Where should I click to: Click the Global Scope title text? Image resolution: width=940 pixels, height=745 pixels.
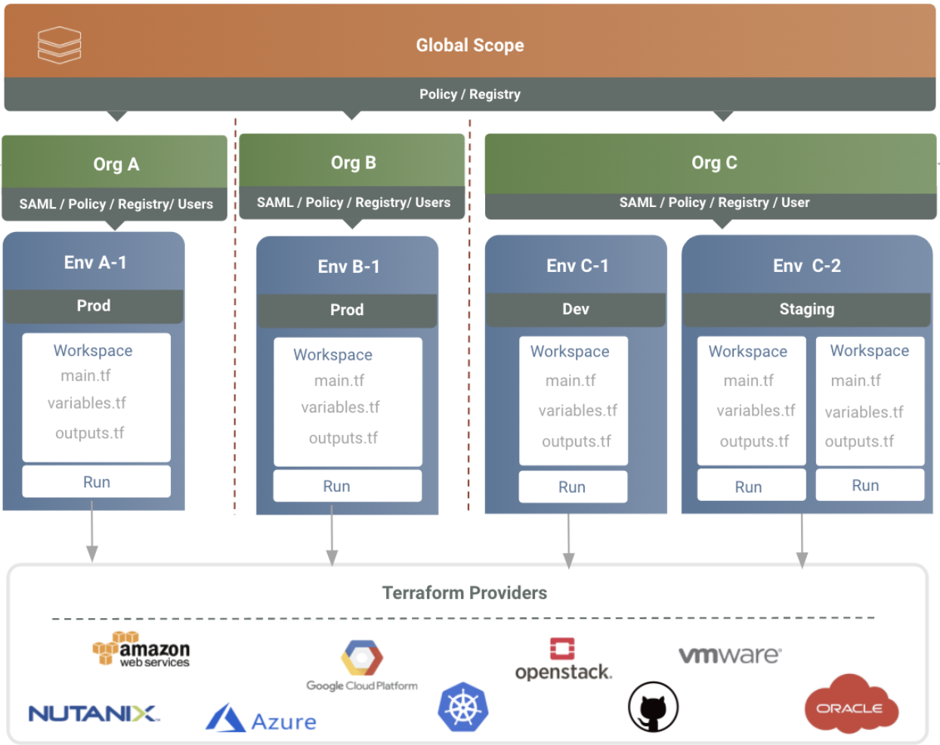pyautogui.click(x=469, y=45)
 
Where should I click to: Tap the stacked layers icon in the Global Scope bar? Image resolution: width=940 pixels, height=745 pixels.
pyautogui.click(x=60, y=45)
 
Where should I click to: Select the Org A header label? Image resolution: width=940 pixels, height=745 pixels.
pyautogui.click(x=116, y=164)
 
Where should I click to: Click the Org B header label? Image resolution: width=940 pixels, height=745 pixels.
pyautogui.click(x=353, y=162)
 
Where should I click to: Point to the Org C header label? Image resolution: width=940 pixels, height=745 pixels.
pyautogui.click(x=713, y=162)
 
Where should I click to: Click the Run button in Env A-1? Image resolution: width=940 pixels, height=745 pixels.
pyautogui.click(x=96, y=482)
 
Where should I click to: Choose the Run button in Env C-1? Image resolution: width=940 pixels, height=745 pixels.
pyautogui.click(x=572, y=487)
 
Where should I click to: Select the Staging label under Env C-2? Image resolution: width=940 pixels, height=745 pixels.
pyautogui.click(x=806, y=309)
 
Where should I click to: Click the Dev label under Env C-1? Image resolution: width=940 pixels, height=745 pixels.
pyautogui.click(x=575, y=309)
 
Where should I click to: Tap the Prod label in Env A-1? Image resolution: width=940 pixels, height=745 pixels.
pyautogui.click(x=93, y=305)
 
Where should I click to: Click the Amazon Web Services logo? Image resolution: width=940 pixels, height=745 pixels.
pyautogui.click(x=141, y=650)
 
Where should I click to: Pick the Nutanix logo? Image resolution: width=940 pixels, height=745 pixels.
pyautogui.click(x=94, y=713)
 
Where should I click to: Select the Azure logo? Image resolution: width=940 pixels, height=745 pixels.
pyautogui.click(x=261, y=719)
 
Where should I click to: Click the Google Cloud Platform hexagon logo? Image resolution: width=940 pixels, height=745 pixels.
pyautogui.click(x=362, y=658)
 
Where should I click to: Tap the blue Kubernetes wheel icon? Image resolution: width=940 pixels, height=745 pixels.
pyautogui.click(x=462, y=708)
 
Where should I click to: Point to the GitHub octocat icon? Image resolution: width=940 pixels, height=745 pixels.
pyautogui.click(x=653, y=708)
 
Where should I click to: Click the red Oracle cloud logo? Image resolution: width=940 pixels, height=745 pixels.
pyautogui.click(x=851, y=706)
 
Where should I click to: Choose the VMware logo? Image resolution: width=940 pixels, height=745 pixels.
pyautogui.click(x=729, y=655)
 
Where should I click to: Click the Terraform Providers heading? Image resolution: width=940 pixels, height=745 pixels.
pyautogui.click(x=464, y=592)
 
